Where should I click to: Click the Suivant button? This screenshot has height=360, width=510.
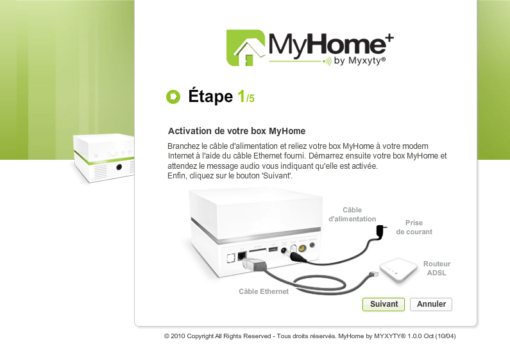(x=384, y=304)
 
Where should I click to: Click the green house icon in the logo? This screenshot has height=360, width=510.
(x=246, y=48)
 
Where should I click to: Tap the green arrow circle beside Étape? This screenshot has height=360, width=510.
(x=173, y=97)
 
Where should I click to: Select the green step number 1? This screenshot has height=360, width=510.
(x=241, y=96)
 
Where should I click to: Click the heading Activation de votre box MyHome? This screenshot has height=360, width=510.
(x=237, y=131)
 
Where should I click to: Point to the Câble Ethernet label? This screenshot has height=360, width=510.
(x=264, y=291)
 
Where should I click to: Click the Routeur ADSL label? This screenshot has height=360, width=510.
(x=437, y=268)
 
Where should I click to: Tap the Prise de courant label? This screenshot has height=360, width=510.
(x=414, y=227)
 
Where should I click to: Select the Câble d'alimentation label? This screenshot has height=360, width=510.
(x=352, y=214)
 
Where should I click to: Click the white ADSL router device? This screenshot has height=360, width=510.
(x=398, y=269)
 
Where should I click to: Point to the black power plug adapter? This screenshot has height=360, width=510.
(x=380, y=232)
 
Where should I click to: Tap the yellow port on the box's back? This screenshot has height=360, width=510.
(x=302, y=249)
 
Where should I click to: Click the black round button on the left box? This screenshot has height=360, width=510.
(x=119, y=167)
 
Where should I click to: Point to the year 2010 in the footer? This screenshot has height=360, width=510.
(x=178, y=336)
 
